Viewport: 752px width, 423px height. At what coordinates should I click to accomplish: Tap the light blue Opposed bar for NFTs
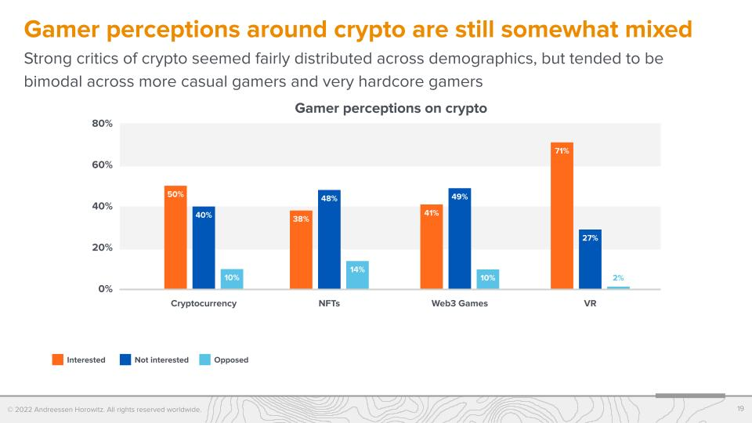(x=357, y=275)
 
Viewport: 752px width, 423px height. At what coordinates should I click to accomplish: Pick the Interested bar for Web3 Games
(x=432, y=247)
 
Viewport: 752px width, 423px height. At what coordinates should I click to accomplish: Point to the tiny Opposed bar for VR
(x=618, y=287)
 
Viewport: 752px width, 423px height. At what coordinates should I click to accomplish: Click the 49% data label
(x=460, y=197)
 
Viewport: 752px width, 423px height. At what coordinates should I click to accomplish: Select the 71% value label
(x=562, y=151)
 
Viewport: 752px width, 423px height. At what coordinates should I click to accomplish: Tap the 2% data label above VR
(x=618, y=278)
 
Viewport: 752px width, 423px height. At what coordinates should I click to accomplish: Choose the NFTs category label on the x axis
(x=329, y=304)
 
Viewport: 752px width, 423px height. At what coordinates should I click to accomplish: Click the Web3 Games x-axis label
(x=460, y=304)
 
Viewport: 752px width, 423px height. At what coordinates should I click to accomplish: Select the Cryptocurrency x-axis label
(x=204, y=304)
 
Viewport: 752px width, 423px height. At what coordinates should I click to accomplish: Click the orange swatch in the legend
(x=58, y=360)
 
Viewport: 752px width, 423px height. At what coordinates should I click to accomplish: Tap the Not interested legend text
(x=161, y=360)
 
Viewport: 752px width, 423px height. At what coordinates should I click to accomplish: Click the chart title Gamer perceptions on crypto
(x=391, y=108)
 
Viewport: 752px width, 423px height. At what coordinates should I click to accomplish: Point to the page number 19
(x=740, y=409)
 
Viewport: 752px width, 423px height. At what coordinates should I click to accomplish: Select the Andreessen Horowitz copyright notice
(x=104, y=410)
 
